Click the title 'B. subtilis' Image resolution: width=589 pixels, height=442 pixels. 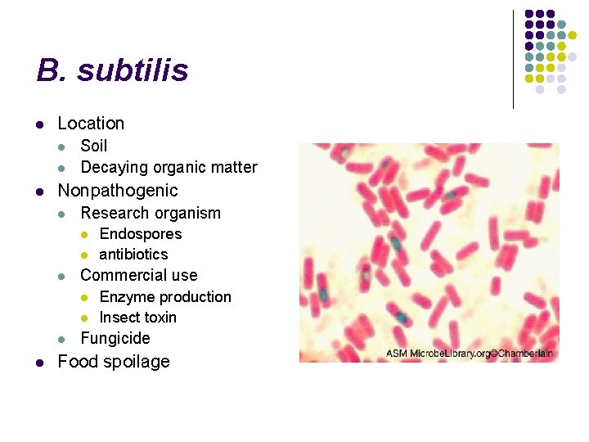point(112,70)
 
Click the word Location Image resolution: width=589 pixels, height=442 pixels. point(91,124)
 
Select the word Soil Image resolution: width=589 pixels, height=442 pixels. point(94,146)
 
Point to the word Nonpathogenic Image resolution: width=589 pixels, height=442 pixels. point(117,191)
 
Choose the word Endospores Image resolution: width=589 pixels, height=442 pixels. point(141,234)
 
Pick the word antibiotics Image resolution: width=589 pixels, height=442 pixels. point(133,255)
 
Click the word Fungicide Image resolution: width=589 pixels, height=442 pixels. point(115,338)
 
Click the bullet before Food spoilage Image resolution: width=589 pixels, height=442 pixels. point(39,362)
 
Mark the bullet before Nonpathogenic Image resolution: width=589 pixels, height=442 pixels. point(39,192)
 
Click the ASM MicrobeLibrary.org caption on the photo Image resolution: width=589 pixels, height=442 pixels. point(470,354)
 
